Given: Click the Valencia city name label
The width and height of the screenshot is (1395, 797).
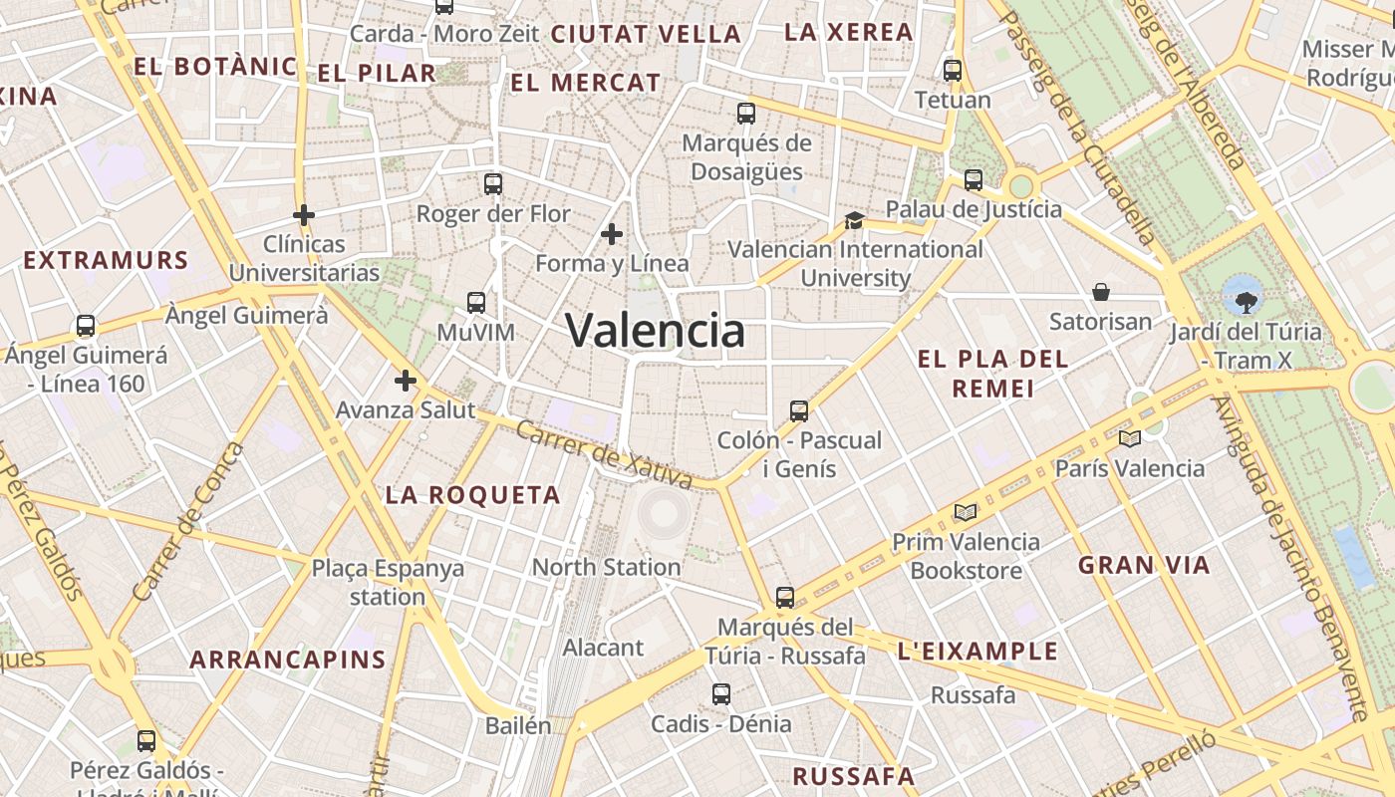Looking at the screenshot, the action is pyautogui.click(x=655, y=331).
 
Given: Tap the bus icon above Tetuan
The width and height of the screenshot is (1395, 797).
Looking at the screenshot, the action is pyautogui.click(x=953, y=71).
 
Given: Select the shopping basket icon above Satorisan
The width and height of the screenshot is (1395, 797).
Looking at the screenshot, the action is pyautogui.click(x=1101, y=292).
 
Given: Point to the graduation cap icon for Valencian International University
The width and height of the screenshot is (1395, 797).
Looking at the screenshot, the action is pyautogui.click(x=854, y=220).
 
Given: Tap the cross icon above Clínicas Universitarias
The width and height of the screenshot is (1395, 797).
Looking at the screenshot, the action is pyautogui.click(x=304, y=214).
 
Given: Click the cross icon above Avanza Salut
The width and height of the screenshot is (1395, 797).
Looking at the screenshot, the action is pyautogui.click(x=405, y=381).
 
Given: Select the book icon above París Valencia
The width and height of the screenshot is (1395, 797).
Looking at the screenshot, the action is pyautogui.click(x=1129, y=438).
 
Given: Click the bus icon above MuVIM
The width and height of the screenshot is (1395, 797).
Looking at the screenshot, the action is pyautogui.click(x=476, y=302).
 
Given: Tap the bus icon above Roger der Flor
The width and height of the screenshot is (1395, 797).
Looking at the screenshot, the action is pyautogui.click(x=493, y=183).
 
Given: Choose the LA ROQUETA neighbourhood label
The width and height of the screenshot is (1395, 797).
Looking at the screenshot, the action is pyautogui.click(x=473, y=495).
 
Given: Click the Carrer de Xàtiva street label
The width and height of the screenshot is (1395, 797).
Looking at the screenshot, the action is pyautogui.click(x=605, y=455).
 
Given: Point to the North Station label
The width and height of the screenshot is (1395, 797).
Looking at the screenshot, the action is pyautogui.click(x=606, y=567).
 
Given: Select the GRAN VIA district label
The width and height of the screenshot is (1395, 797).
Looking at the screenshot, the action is pyautogui.click(x=1144, y=566).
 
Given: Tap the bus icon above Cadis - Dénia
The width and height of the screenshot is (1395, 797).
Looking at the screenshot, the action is pyautogui.click(x=720, y=693).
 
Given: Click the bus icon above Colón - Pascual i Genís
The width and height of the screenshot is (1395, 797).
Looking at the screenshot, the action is pyautogui.click(x=798, y=410).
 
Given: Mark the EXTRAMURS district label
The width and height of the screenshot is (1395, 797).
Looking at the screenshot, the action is pyautogui.click(x=106, y=261).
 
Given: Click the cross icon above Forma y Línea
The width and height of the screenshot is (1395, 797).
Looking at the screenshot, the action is pyautogui.click(x=612, y=234).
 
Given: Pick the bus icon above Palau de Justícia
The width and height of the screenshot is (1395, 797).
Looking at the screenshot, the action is pyautogui.click(x=974, y=180).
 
